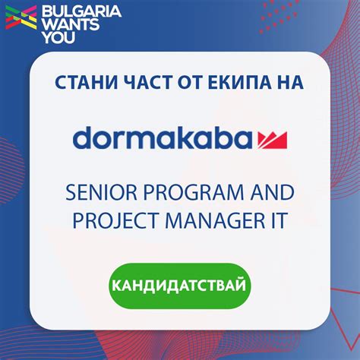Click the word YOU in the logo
pos(55,36)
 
